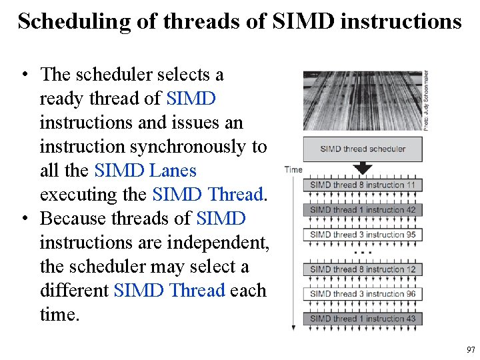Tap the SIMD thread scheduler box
[x=363, y=149]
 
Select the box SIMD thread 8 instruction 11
[x=363, y=185]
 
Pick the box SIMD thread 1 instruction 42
[x=363, y=209]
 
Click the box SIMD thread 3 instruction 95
[x=363, y=234]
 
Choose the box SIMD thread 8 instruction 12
[x=363, y=269]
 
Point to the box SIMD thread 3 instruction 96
[x=363, y=293]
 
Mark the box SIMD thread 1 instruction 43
[x=363, y=319]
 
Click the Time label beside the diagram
[x=293, y=170]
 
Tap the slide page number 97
[x=471, y=349]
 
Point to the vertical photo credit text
[x=426, y=100]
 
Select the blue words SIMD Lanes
[x=145, y=171]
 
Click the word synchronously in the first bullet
[x=193, y=147]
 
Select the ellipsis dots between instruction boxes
[x=363, y=253]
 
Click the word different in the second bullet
[x=74, y=291]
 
